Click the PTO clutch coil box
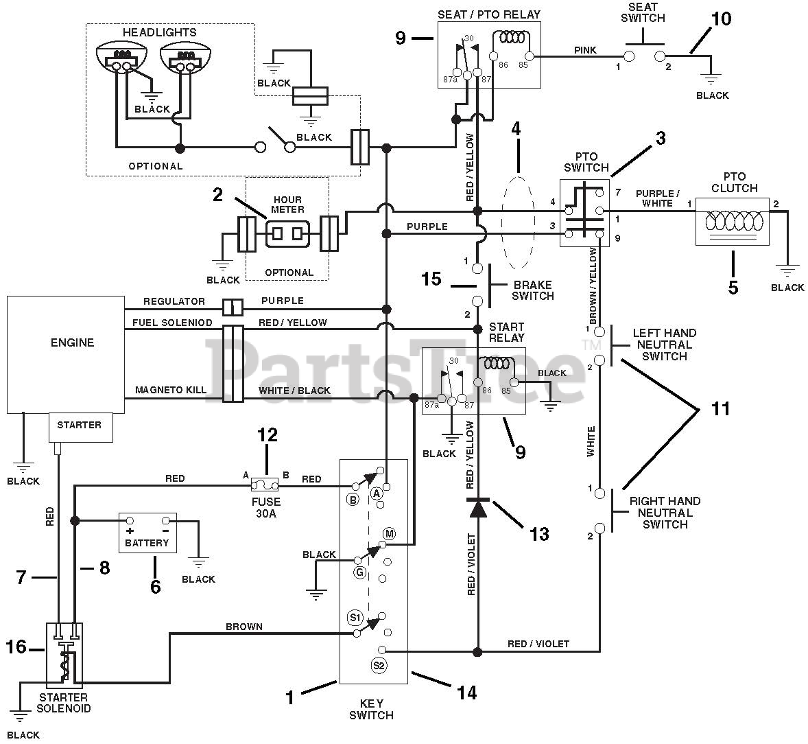pos(732,222)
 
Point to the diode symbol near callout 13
pos(477,508)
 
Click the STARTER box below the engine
pos(80,426)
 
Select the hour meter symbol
pos(287,233)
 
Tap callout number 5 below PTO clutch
pos(733,287)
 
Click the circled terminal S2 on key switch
pos(379,664)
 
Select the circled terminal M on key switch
pos(389,534)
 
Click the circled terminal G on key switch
pos(359,572)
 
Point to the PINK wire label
pos(585,50)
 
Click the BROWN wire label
pos(244,627)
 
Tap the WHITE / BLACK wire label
pos(294,391)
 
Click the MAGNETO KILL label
pos(171,391)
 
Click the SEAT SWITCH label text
pos(643,13)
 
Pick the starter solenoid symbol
pos(64,655)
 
